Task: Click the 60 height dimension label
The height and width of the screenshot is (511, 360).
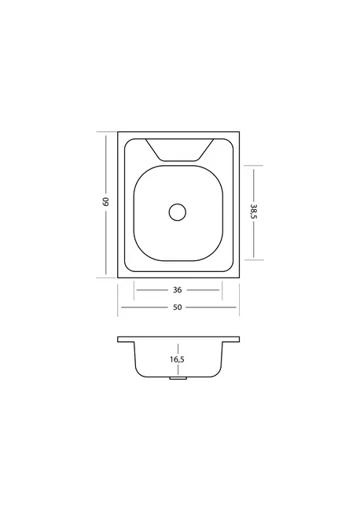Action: (105, 202)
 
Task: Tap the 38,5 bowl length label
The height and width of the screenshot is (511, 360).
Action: (254, 211)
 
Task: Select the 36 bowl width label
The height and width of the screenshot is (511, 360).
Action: (177, 290)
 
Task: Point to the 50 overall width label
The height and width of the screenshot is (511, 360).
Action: (177, 307)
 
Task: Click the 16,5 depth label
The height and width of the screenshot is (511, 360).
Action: (177, 359)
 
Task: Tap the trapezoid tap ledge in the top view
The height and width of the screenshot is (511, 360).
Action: (179, 150)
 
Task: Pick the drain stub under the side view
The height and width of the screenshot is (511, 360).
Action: (178, 378)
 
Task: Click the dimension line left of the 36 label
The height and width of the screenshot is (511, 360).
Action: (152, 290)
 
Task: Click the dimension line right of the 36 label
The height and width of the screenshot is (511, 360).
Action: (203, 290)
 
